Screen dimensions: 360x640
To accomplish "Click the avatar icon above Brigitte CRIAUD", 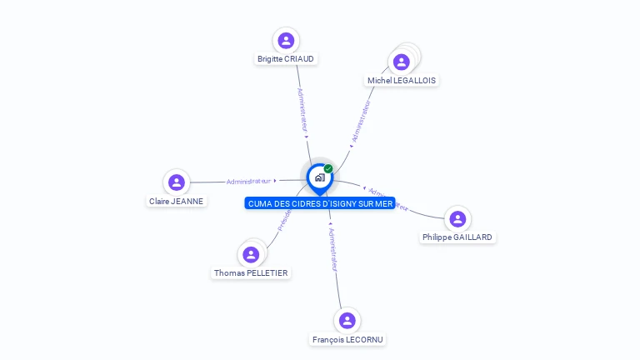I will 286,40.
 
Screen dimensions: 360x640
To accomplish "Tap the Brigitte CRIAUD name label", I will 286,59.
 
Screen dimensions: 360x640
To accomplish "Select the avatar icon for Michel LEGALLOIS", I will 402,62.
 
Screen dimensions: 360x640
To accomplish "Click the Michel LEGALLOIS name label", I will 402,81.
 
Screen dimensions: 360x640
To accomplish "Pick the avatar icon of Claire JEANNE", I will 176,182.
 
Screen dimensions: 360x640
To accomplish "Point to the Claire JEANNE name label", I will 176,201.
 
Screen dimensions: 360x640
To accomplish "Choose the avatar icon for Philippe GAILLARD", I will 457,218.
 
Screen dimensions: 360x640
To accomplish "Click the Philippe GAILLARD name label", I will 457,237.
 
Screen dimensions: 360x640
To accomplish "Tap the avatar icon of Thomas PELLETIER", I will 251,254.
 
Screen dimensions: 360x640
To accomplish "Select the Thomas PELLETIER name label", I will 251,273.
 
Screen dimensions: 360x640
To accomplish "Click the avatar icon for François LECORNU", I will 347,320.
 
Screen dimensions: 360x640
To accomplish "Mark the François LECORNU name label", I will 347,339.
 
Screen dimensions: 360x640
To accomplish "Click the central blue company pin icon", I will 319,177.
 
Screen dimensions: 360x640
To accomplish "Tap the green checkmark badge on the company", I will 328,168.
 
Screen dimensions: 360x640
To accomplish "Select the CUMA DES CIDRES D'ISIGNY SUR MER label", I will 320,203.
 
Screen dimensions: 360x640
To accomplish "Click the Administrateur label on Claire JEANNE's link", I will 248,181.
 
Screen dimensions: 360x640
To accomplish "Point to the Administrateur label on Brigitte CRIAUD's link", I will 302,109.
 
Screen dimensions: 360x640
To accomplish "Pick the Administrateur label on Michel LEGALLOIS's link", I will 360,122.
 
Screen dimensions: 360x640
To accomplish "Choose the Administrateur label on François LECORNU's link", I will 332,249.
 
